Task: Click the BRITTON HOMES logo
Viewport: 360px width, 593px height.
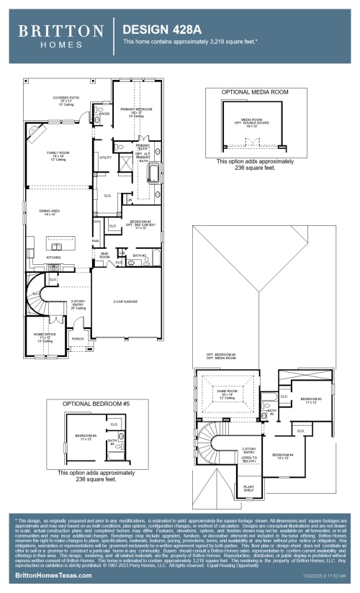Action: [x=60, y=34]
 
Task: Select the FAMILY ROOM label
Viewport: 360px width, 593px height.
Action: [x=58, y=155]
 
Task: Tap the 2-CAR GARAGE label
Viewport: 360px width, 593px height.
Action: [x=125, y=302]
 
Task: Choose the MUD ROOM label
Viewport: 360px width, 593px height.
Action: [x=104, y=255]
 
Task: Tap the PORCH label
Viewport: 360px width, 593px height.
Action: [x=78, y=338]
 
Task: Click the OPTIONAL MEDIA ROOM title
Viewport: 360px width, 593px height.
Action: [x=246, y=93]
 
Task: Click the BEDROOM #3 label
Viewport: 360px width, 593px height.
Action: [x=310, y=400]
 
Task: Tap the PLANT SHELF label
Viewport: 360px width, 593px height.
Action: [x=248, y=489]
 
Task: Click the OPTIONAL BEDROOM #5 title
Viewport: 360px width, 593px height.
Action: [x=96, y=403]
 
